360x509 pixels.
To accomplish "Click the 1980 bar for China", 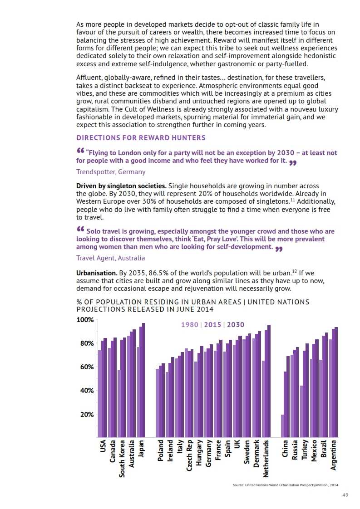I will pyautogui.click(x=282, y=426).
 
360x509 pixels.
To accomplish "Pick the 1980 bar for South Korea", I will pyautogui.click(x=119, y=404).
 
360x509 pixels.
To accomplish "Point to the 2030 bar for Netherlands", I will pyautogui.click(x=269, y=381).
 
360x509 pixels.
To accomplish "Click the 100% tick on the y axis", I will pyautogui.click(x=85, y=320).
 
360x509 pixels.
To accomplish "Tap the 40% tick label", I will pyautogui.click(x=85, y=391).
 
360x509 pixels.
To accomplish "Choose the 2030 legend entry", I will pyautogui.click(x=236, y=325).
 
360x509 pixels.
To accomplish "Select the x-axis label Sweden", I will pyautogui.click(x=247, y=452).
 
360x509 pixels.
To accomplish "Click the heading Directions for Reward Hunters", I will pyautogui.click(x=141, y=137).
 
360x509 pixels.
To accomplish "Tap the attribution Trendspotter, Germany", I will pyautogui.click(x=111, y=172).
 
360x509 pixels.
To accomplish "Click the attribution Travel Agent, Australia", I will pyautogui.click(x=110, y=258).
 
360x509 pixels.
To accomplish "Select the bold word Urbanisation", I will pyautogui.click(x=97, y=273).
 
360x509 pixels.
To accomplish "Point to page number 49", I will pyautogui.click(x=345, y=495).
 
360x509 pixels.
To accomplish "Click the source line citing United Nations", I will pyautogui.click(x=286, y=485).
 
